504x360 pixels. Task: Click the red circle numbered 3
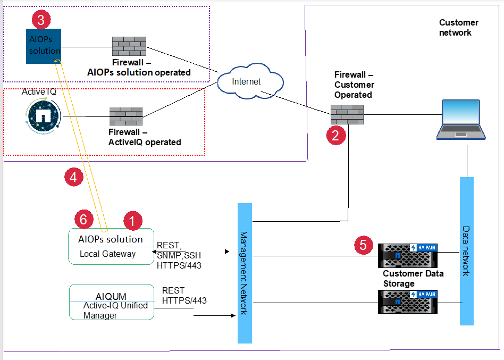[x=41, y=20]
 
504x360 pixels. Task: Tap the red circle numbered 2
[x=335, y=136]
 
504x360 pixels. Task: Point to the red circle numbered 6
[x=83, y=219]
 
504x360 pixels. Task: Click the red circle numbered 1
[x=132, y=219]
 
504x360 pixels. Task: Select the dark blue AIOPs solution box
[x=44, y=46]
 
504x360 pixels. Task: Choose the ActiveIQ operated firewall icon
[x=126, y=116]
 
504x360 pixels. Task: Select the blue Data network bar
[x=466, y=250]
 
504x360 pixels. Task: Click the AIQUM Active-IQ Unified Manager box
[x=112, y=302]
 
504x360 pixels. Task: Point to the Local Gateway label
[x=108, y=254]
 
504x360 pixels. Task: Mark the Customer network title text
[x=458, y=28]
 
